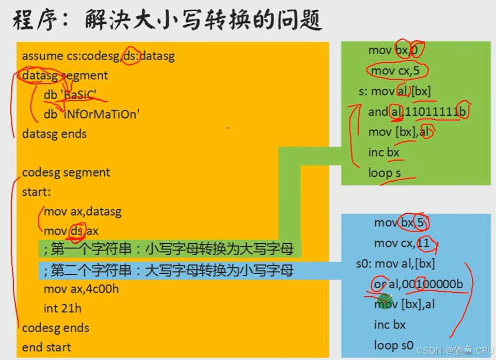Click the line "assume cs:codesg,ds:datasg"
click(98, 56)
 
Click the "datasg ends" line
click(54, 134)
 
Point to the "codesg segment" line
click(66, 173)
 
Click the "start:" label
click(36, 192)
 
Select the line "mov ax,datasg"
click(83, 211)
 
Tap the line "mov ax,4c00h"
click(82, 289)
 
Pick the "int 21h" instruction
click(62, 309)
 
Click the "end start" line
click(46, 348)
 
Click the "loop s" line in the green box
click(385, 173)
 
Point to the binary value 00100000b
click(433, 284)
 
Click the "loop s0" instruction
click(394, 345)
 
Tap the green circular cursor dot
click(385, 301)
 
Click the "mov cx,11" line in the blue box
click(402, 243)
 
